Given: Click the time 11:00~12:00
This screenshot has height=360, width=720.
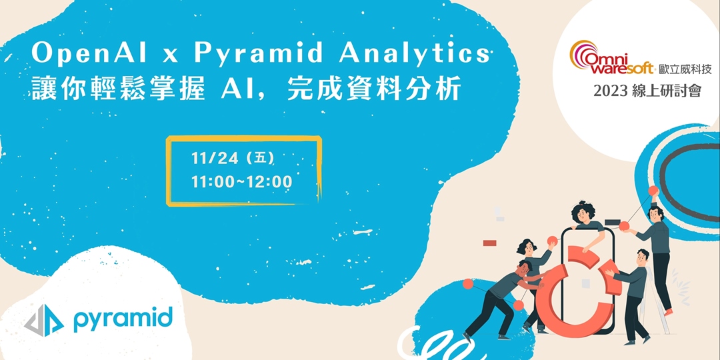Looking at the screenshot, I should pyautogui.click(x=241, y=181).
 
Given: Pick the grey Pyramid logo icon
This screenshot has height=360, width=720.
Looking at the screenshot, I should pyautogui.click(x=44, y=320).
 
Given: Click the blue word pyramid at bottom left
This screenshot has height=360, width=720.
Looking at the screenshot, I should pyautogui.click(x=123, y=319).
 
